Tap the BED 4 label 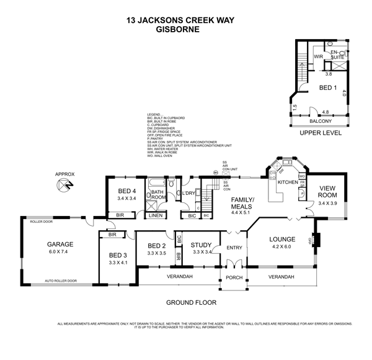126,191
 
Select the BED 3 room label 118,255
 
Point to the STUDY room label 201,245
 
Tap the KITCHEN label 288,182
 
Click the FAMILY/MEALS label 242,204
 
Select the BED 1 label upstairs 327,88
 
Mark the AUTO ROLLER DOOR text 60,281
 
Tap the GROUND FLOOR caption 190,304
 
